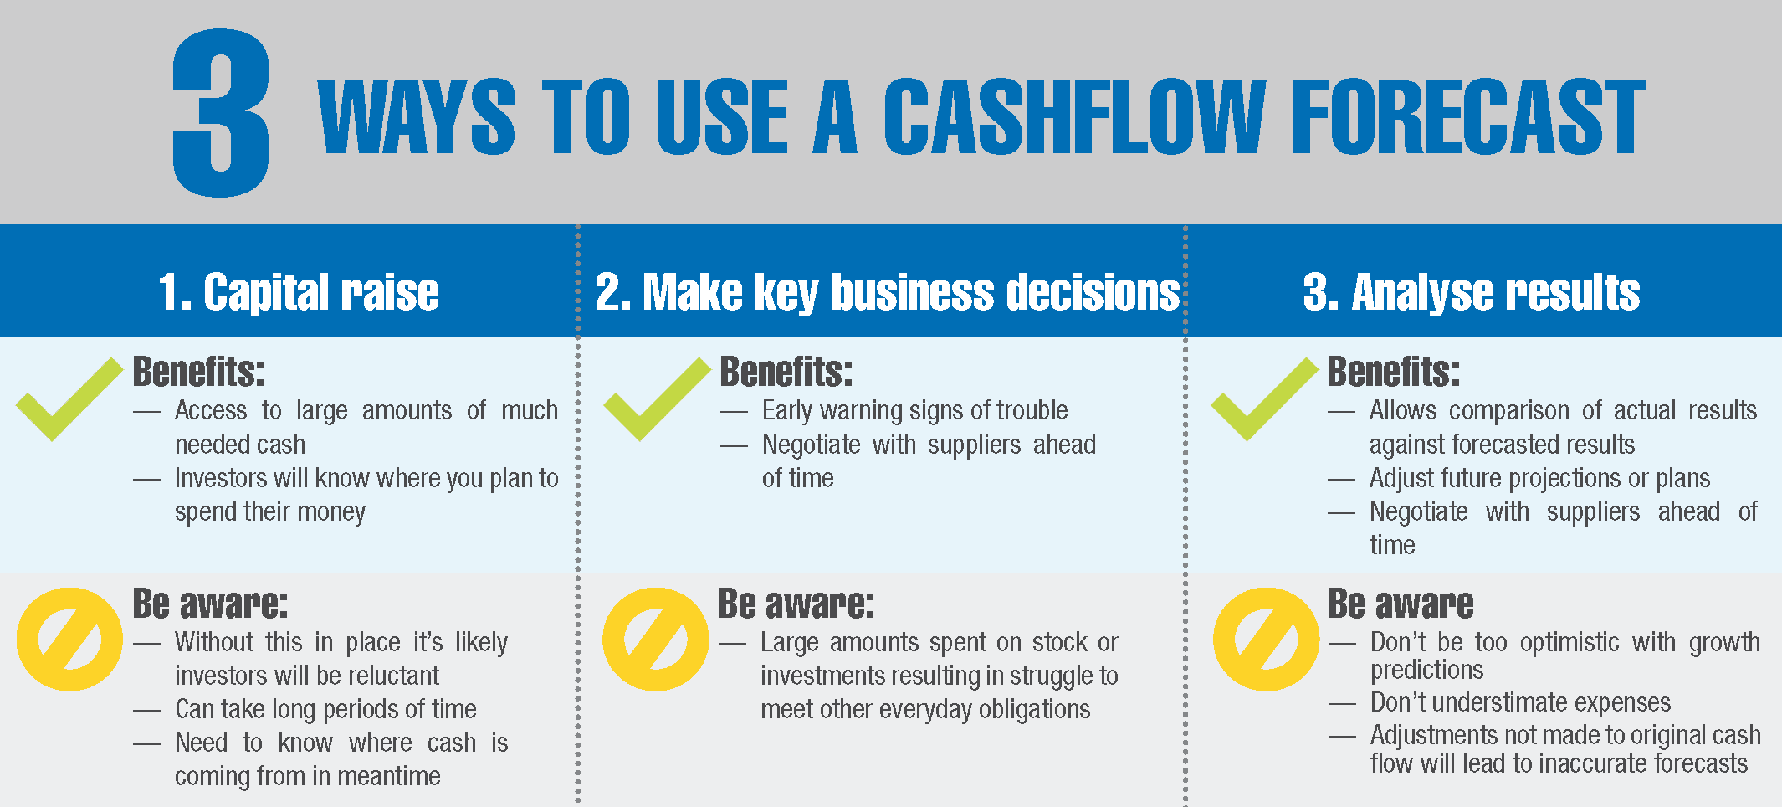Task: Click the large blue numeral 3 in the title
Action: tap(221, 113)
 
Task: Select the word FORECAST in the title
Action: tap(1468, 116)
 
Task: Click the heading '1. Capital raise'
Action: tap(299, 292)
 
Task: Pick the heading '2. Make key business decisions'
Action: tap(888, 292)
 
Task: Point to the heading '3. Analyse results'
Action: tap(1472, 292)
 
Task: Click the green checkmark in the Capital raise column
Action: tap(69, 398)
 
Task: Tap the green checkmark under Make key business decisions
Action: tap(657, 398)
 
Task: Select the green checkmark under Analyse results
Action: tap(1264, 398)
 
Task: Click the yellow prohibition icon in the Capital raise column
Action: tap(69, 639)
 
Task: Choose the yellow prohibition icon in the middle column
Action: tap(655, 639)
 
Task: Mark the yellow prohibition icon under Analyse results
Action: tap(1266, 639)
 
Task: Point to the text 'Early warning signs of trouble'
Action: tap(914, 411)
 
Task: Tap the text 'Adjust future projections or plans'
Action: tap(1539, 479)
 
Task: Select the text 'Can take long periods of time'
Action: tap(325, 710)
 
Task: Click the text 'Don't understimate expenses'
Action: tap(1520, 702)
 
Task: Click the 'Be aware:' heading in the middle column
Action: tap(796, 604)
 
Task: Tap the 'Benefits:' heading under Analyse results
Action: tap(1394, 372)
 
